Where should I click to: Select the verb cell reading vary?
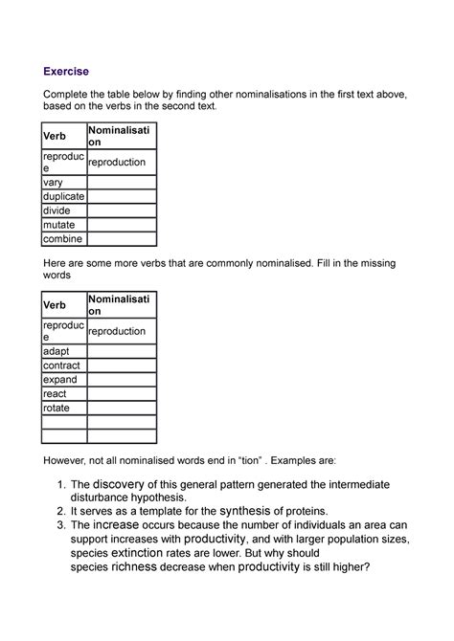coord(54,181)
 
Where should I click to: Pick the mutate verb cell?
coord(58,225)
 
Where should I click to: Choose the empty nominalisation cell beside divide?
coord(121,210)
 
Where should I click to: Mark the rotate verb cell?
coord(57,408)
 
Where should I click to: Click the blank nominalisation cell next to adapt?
coord(121,350)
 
